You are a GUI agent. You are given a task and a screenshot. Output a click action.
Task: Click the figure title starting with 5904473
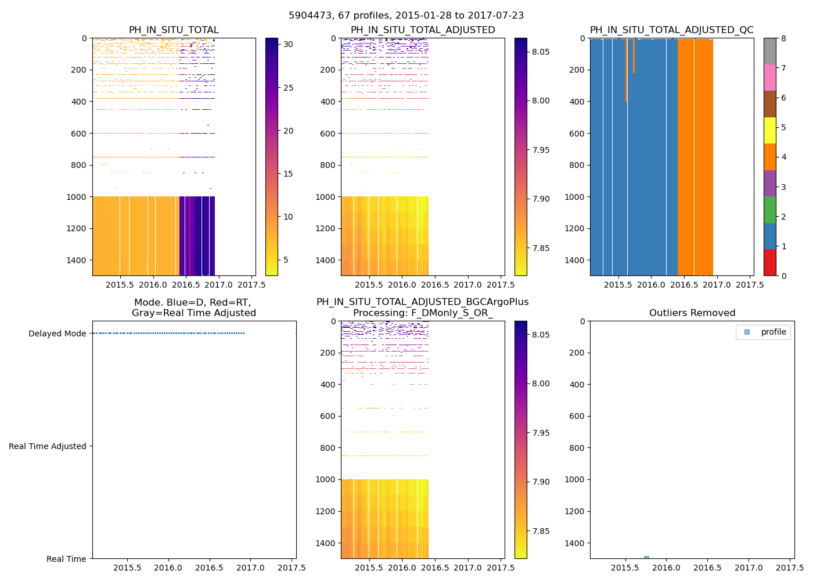coord(406,16)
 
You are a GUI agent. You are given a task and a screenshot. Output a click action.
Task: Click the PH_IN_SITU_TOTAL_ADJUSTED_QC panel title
coord(671,30)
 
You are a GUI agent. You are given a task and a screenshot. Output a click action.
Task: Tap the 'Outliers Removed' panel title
coord(692,313)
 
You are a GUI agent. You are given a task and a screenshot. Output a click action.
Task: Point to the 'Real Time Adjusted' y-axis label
coord(48,446)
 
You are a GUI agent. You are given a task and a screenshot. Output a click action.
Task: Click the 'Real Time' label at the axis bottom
coord(66,559)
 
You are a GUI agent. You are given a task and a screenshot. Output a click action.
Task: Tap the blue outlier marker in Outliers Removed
coord(646,557)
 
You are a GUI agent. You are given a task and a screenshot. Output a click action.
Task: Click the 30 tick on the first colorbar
coord(288,45)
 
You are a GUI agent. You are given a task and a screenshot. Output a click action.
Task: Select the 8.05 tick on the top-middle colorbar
coord(541,52)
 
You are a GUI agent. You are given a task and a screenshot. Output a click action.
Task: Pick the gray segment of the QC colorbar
coord(769,51)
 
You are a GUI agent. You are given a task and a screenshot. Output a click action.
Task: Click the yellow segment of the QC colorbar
coord(769,131)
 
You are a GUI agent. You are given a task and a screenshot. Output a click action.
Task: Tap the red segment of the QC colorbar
coord(769,263)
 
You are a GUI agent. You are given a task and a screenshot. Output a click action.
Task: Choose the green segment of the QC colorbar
coord(769,210)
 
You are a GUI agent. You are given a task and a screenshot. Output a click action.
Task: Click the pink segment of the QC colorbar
coord(769,78)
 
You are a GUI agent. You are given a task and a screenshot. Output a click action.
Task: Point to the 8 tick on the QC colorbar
coord(783,38)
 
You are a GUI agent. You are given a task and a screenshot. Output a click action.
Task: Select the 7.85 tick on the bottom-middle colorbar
coord(541,531)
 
